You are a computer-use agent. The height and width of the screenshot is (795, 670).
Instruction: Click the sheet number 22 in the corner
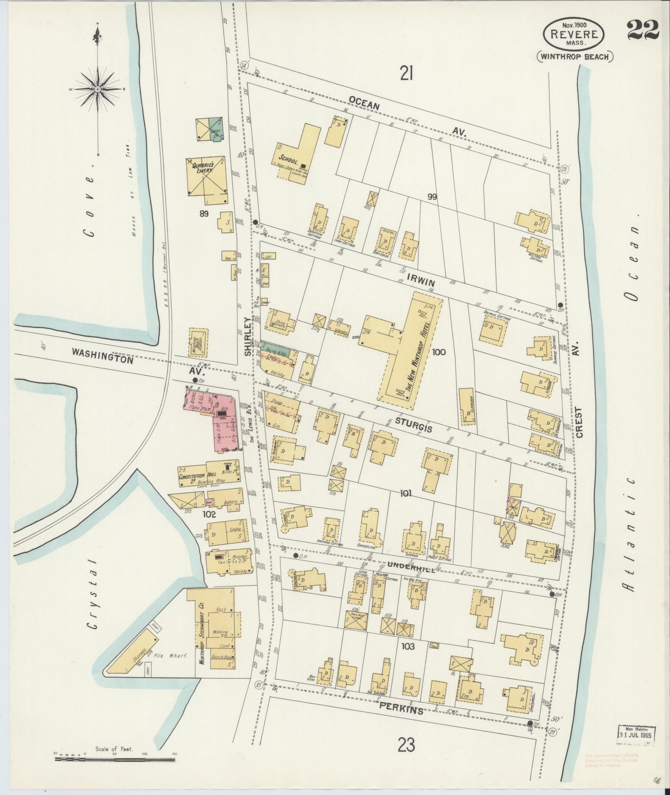(x=643, y=30)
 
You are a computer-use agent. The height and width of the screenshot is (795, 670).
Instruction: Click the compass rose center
(x=98, y=88)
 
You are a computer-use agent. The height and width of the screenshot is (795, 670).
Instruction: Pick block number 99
(x=432, y=197)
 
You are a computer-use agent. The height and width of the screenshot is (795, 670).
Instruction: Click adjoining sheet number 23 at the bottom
(x=406, y=746)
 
